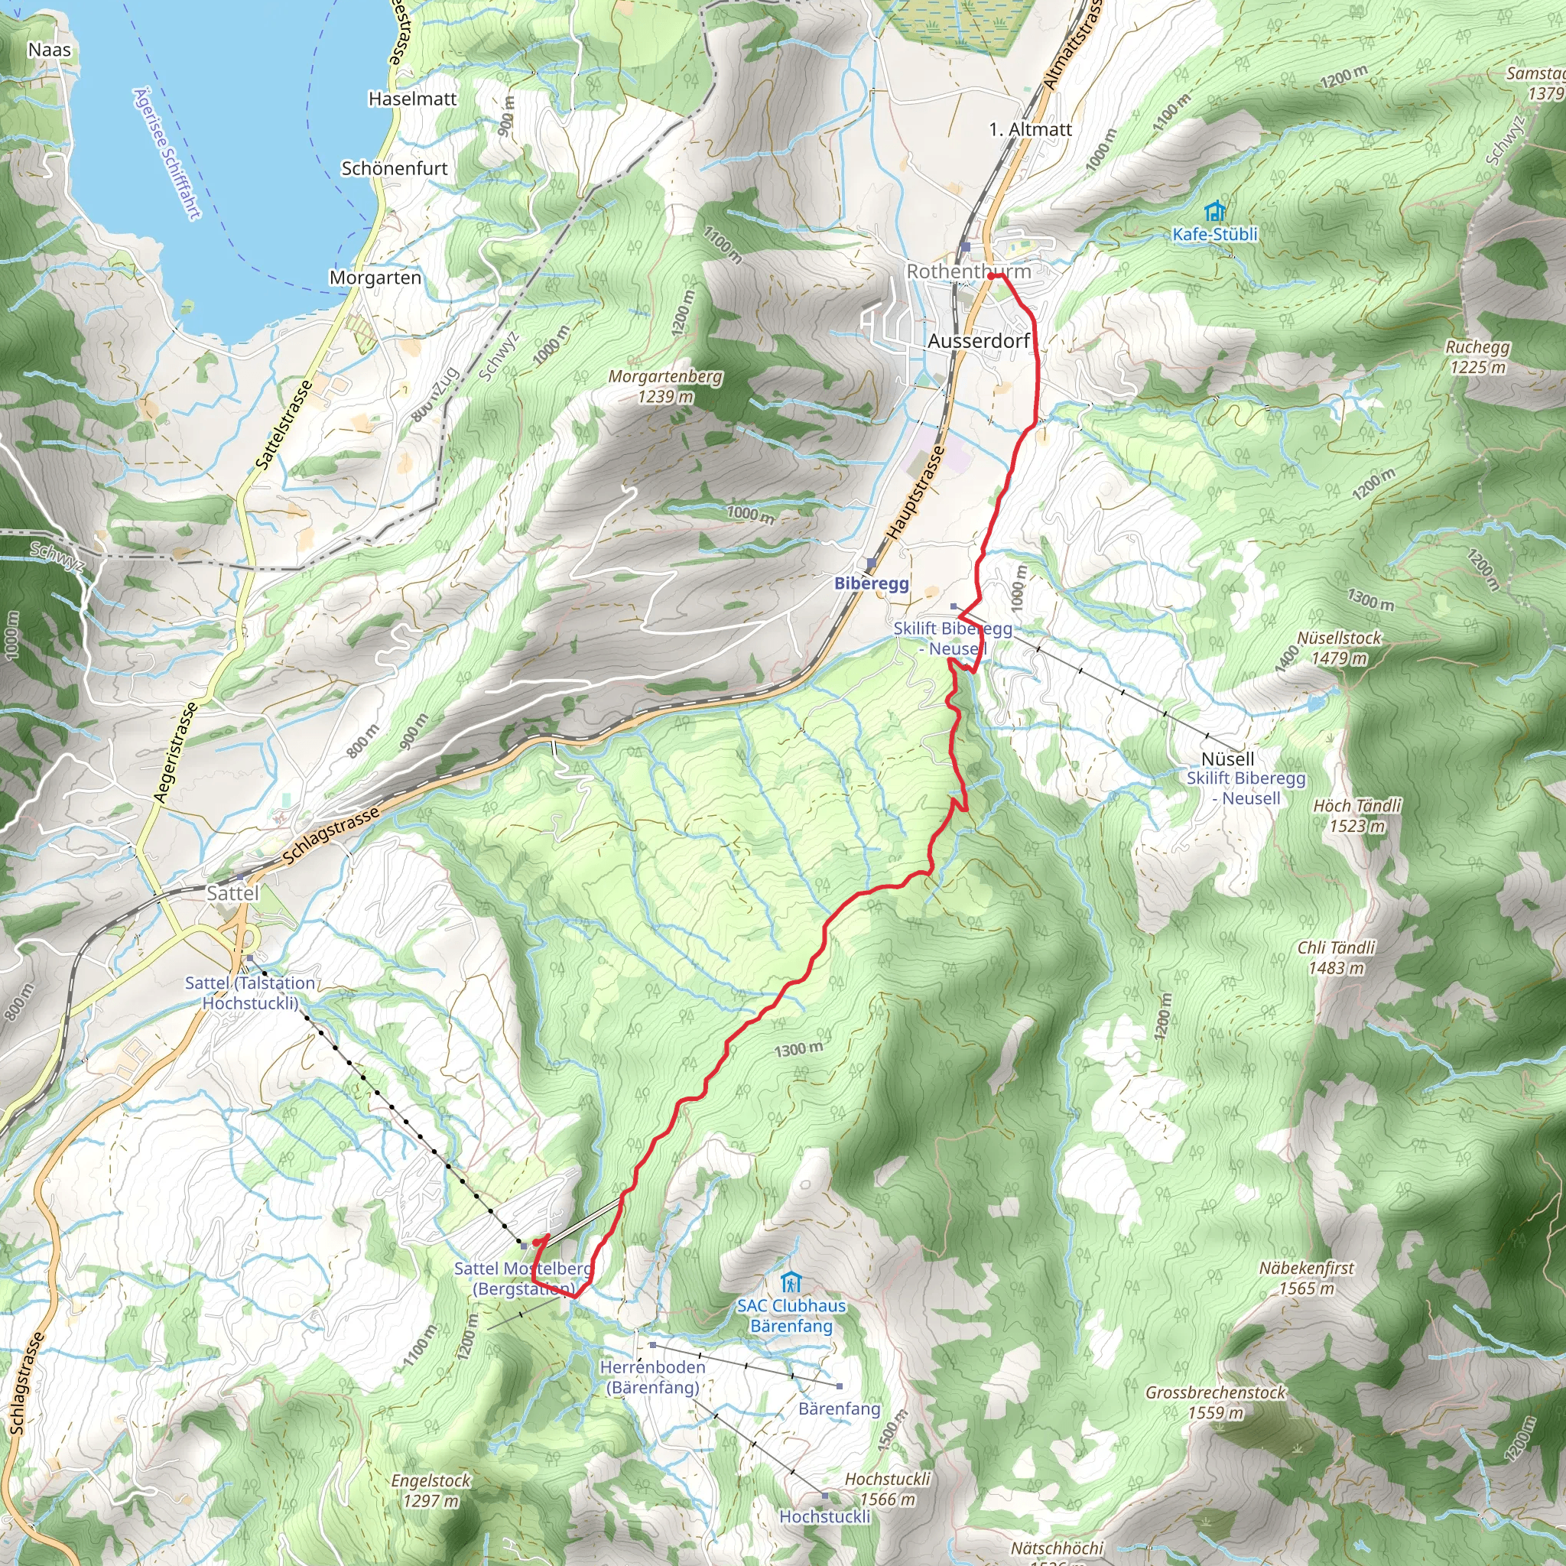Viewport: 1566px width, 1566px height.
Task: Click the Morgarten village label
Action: click(375, 278)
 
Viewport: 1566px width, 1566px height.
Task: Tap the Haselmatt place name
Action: click(413, 99)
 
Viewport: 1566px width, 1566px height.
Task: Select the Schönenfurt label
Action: click(395, 168)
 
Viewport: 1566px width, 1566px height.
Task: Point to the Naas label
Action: click(50, 50)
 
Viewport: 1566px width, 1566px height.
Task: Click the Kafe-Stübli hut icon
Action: click(1214, 213)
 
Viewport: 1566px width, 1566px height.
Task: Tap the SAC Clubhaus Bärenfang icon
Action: click(791, 1283)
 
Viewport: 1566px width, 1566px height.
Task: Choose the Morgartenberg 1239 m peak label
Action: click(664, 387)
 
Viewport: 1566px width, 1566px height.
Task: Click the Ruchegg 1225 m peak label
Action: click(1477, 357)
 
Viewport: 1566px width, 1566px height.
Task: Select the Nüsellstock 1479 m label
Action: click(1339, 648)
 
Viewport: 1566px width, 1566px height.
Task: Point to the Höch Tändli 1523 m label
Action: click(1357, 815)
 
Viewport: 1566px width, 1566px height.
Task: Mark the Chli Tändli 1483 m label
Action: click(1336, 957)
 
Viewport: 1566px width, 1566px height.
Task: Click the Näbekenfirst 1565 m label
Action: click(1307, 1278)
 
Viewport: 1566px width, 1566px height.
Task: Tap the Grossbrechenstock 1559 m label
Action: click(1215, 1402)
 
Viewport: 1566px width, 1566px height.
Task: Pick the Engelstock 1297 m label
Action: click(430, 1490)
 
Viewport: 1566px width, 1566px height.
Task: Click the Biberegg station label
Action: click(872, 583)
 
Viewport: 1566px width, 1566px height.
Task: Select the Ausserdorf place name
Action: click(978, 341)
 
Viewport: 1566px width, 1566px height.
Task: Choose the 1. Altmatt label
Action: click(1030, 130)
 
